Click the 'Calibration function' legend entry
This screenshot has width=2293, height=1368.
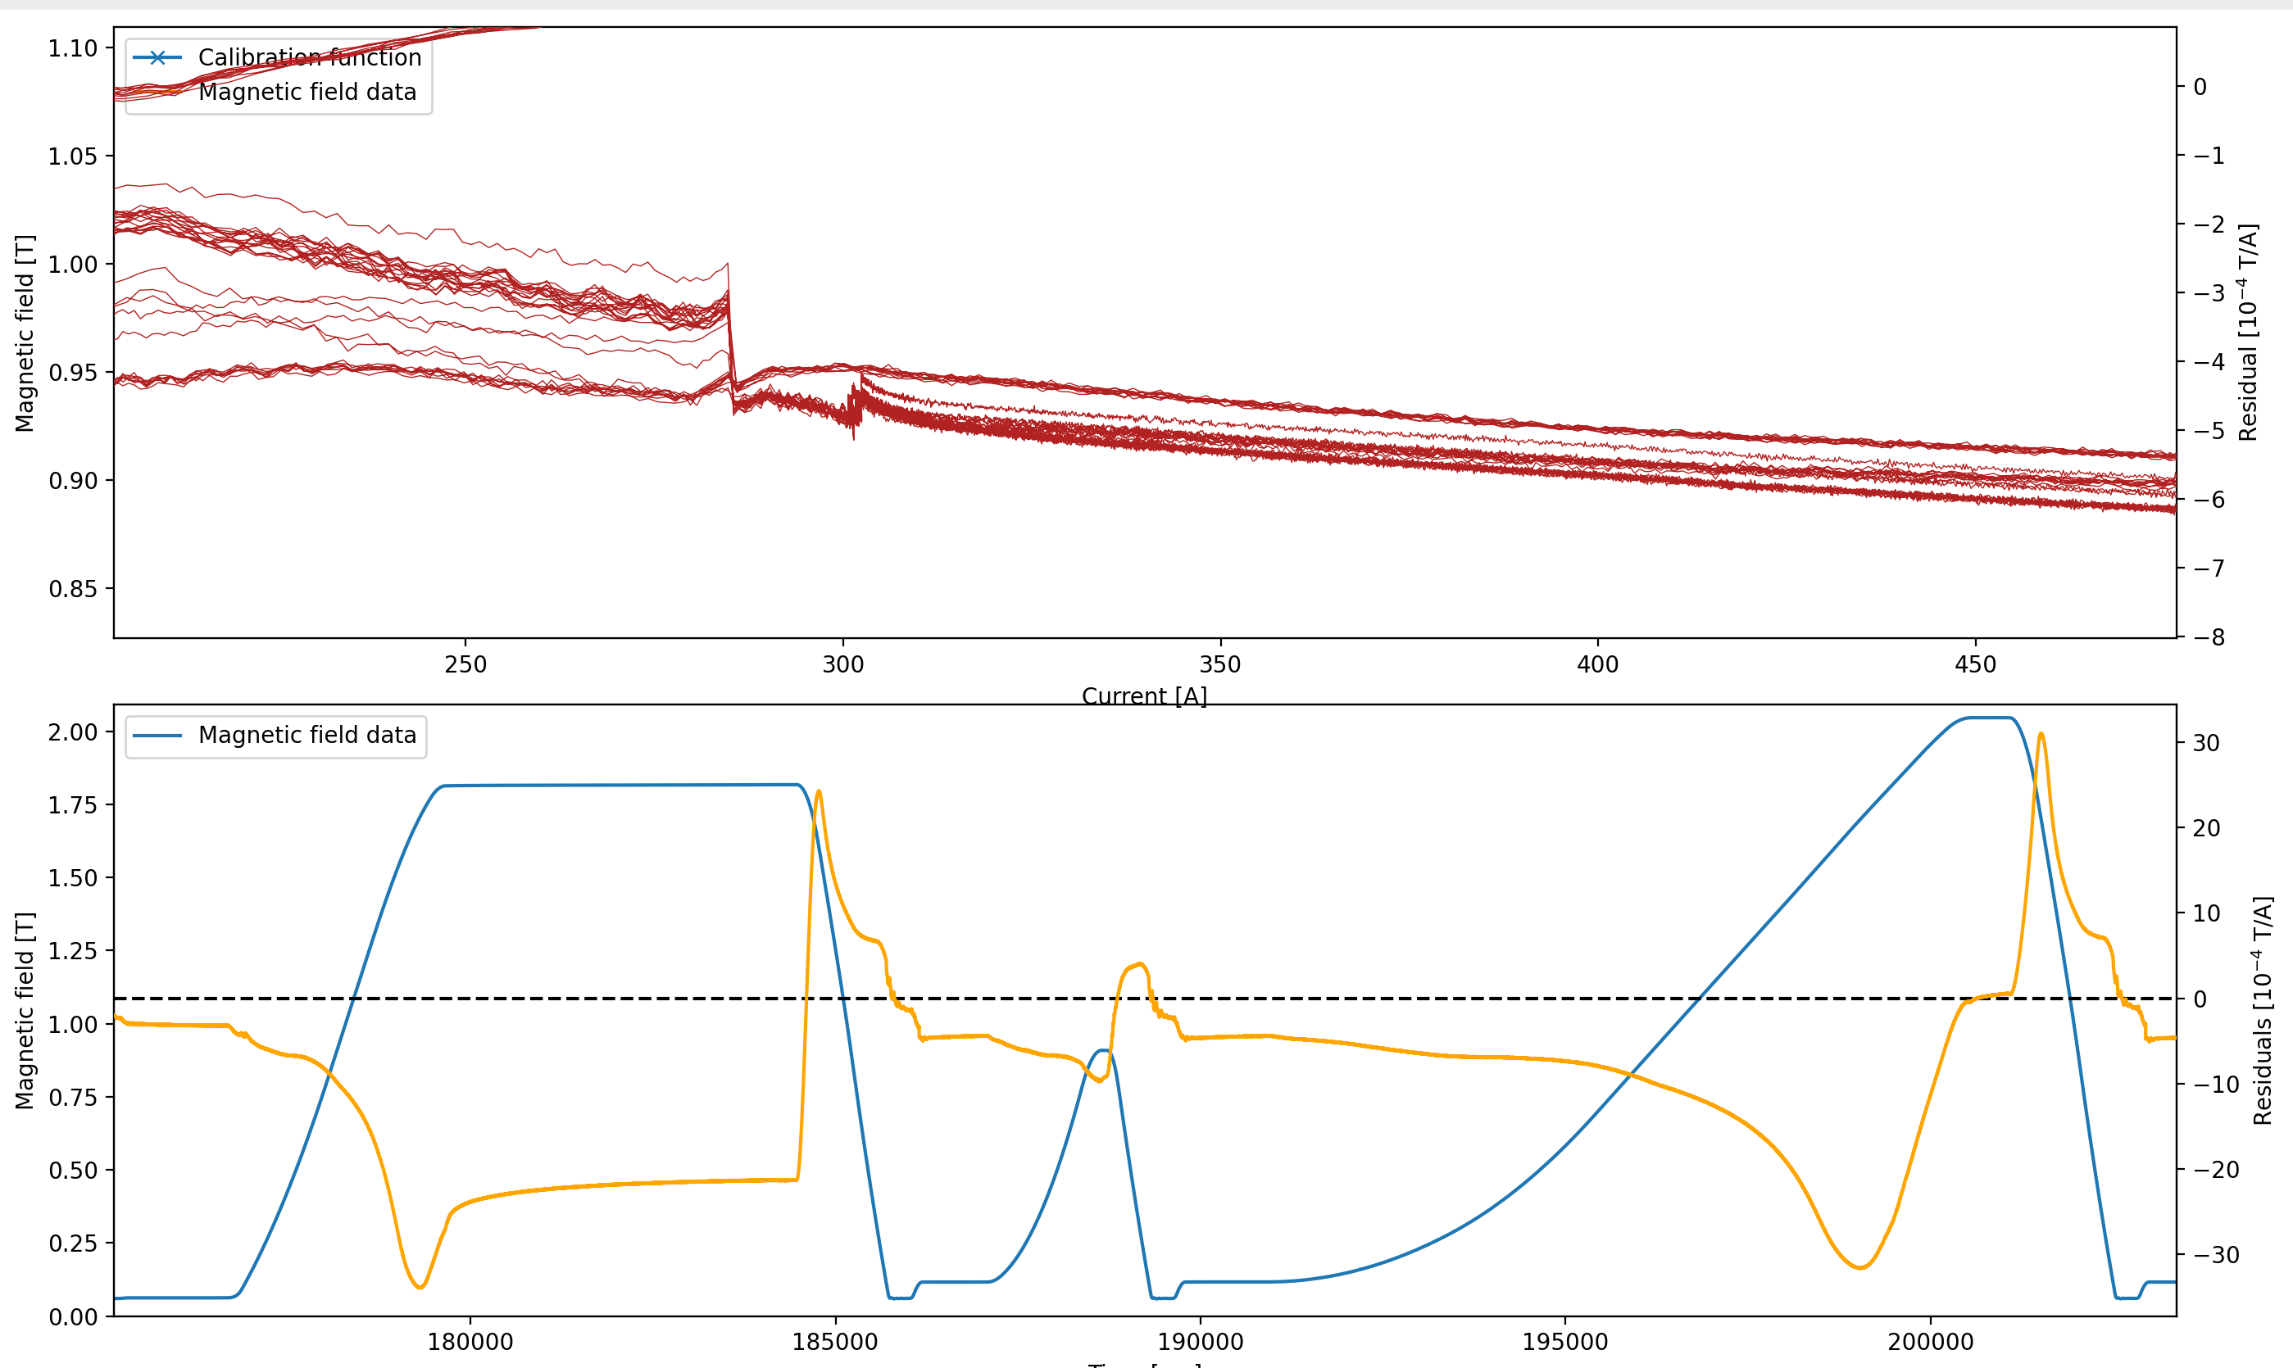click(309, 57)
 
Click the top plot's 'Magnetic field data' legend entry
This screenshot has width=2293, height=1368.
click(307, 93)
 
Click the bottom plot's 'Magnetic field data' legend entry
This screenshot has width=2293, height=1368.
click(307, 735)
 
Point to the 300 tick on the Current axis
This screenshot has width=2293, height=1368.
click(842, 664)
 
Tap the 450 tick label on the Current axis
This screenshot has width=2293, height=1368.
click(1975, 664)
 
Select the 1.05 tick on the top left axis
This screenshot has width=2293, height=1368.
click(73, 156)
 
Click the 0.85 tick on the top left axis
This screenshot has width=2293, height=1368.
click(73, 588)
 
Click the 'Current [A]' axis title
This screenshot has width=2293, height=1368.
click(1144, 696)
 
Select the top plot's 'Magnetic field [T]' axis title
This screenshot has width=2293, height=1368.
click(24, 333)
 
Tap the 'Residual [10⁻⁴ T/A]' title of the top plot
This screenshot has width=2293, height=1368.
click(2249, 332)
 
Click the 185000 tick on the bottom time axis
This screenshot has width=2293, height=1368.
click(835, 1341)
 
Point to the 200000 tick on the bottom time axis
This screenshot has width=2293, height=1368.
click(1931, 1341)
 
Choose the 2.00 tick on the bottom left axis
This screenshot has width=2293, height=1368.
click(73, 732)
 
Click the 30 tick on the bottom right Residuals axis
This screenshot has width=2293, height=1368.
click(2206, 743)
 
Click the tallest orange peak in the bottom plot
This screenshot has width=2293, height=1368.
click(2041, 735)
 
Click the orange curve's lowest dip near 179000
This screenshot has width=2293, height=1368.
click(420, 1287)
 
